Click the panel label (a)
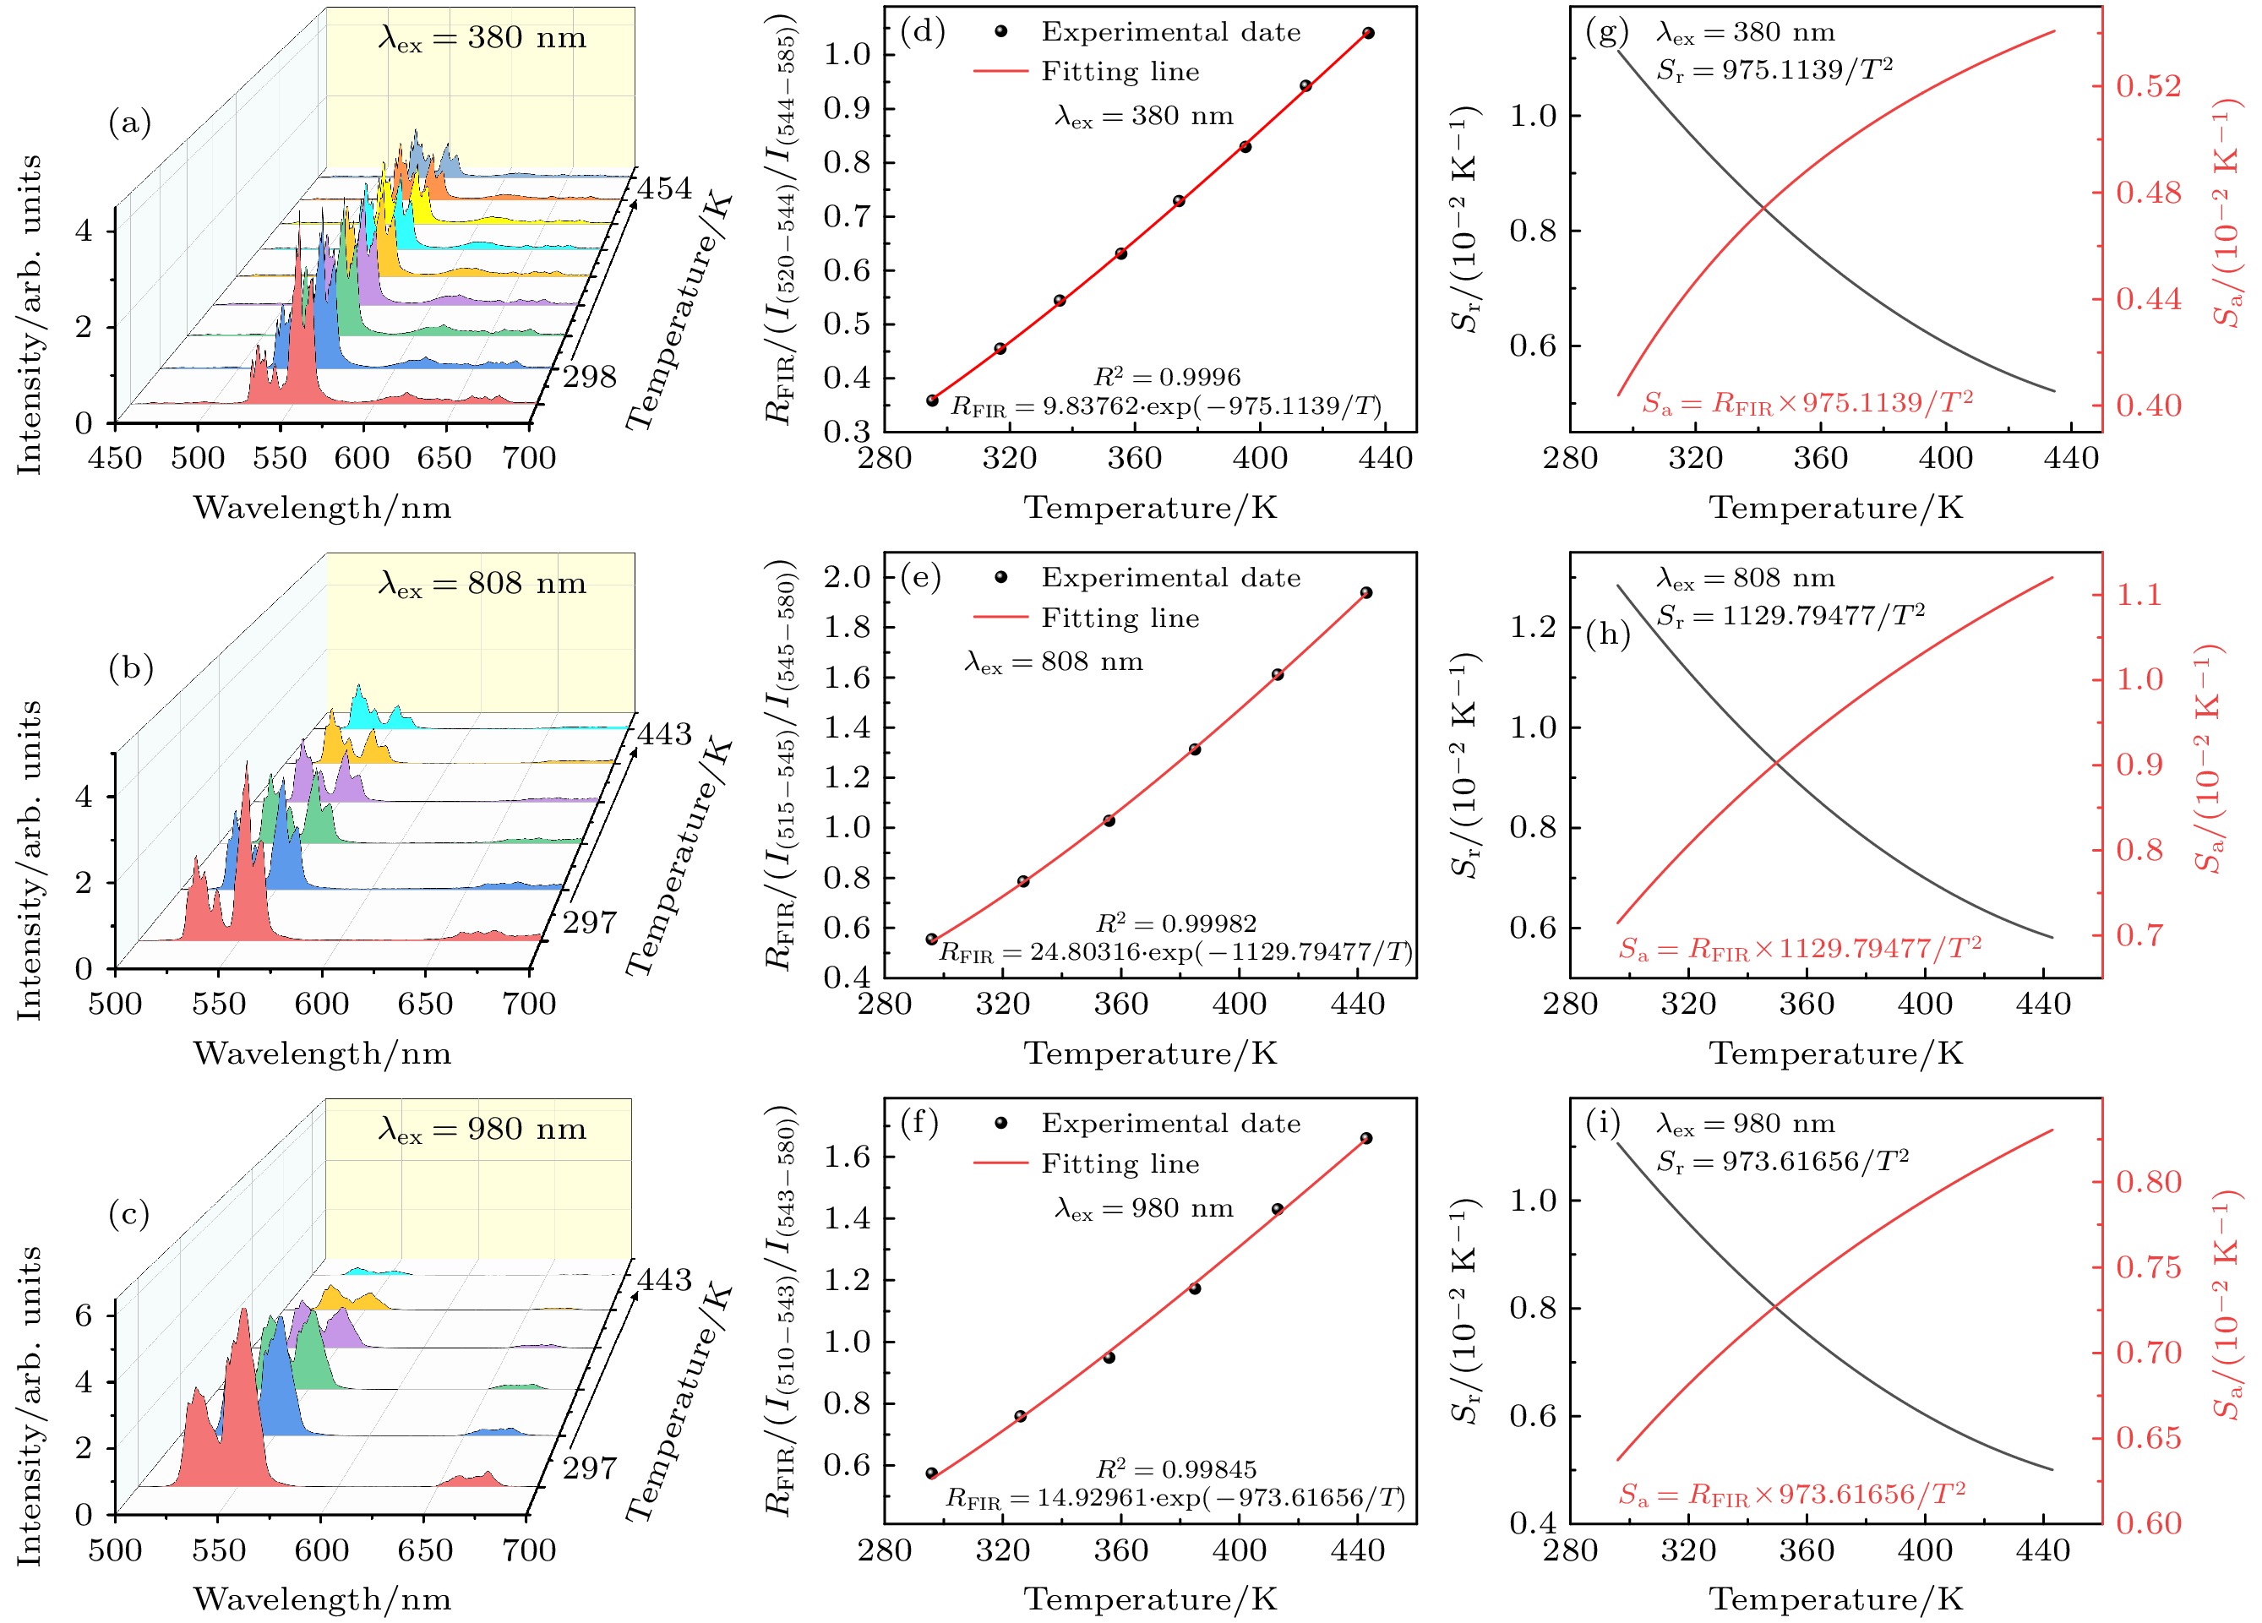[129, 123]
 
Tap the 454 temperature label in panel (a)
[664, 188]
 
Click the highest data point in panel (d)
[1367, 34]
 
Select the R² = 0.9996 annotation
[1167, 377]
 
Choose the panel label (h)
[1607, 634]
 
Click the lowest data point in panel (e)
[931, 939]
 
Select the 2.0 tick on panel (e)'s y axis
[848, 577]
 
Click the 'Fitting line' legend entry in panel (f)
[1119, 1163]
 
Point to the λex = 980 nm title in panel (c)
[482, 1130]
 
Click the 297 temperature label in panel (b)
[591, 922]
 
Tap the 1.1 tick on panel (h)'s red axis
[2140, 595]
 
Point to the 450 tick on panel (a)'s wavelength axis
[116, 459]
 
